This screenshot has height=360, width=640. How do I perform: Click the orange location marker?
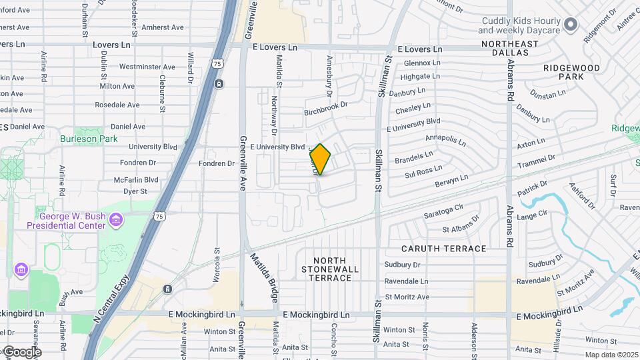[x=321, y=159]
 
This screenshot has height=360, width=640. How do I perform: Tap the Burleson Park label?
[x=89, y=139]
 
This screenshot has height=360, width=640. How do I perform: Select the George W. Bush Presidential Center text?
[x=66, y=221]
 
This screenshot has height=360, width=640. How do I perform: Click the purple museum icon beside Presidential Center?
[x=117, y=219]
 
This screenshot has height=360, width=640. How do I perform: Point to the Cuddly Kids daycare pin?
[x=571, y=25]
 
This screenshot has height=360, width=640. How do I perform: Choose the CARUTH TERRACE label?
[x=444, y=249]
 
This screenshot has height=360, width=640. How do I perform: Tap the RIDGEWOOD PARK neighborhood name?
[x=571, y=72]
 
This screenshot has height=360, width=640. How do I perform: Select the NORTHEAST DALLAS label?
[x=509, y=45]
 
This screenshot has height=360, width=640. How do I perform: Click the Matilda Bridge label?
[x=263, y=276]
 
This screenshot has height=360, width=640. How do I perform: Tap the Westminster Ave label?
[x=147, y=67]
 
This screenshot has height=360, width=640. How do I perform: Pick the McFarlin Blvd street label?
[x=136, y=180]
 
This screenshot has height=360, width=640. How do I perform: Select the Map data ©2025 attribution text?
[x=611, y=355]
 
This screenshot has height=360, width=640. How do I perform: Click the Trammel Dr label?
[x=537, y=160]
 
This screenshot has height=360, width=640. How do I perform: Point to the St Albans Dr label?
[x=461, y=225]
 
